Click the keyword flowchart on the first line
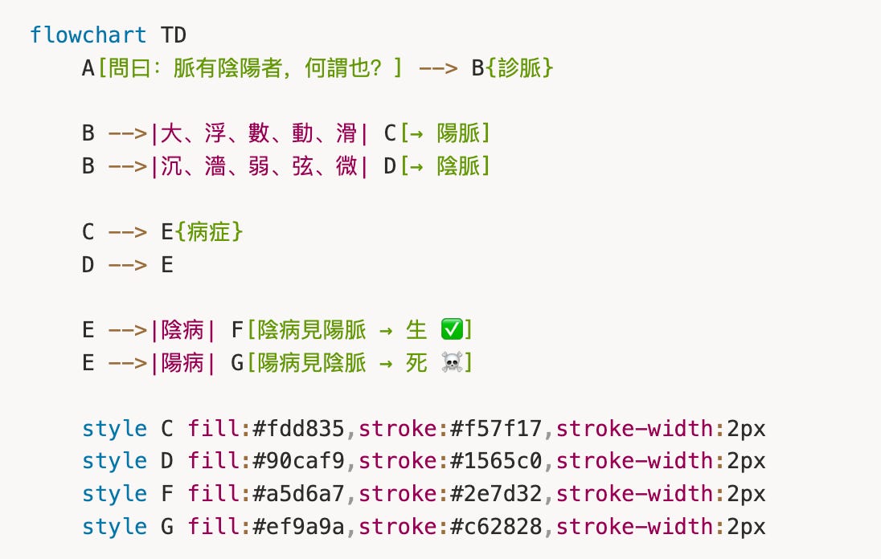click(88, 35)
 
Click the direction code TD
click(174, 35)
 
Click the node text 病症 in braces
click(210, 232)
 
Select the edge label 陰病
click(182, 330)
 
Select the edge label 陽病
click(182, 363)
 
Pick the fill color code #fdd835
click(298, 429)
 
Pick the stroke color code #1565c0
click(496, 462)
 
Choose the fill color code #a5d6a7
click(298, 495)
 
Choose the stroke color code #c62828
click(496, 528)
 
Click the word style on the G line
click(114, 528)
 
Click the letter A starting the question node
click(88, 68)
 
